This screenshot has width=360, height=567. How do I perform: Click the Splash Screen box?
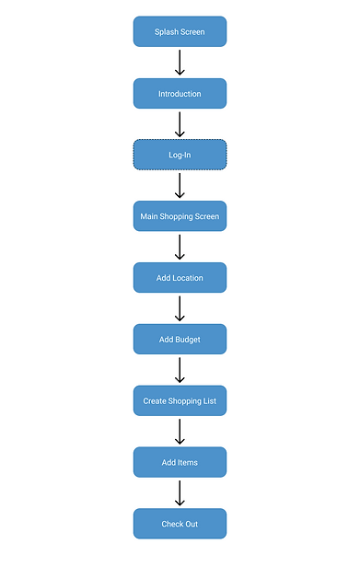tap(180, 31)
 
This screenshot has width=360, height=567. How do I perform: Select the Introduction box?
tap(180, 93)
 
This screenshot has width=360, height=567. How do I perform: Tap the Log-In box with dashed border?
tap(180, 155)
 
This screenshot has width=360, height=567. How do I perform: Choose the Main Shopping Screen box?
tap(180, 216)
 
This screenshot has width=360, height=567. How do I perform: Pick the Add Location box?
tap(180, 278)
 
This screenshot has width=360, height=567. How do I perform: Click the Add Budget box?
tap(180, 340)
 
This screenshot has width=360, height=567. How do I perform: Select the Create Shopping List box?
tap(180, 401)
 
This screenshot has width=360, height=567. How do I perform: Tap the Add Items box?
tap(180, 462)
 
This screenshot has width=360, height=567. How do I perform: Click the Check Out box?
tap(180, 524)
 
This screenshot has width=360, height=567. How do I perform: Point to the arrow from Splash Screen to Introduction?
tap(180, 63)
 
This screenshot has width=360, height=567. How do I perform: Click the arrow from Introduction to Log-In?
tap(180, 124)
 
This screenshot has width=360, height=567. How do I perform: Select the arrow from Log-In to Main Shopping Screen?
tap(180, 186)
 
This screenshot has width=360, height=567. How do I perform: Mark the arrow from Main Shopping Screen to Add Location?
tap(180, 247)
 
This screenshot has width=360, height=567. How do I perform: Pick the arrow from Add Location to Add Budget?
tap(180, 308)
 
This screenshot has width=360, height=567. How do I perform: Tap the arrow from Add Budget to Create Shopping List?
tap(180, 370)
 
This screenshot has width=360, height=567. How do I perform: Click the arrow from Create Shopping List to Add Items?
tap(180, 432)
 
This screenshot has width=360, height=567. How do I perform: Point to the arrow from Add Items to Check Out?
tap(180, 493)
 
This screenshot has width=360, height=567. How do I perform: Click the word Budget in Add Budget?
tap(188, 340)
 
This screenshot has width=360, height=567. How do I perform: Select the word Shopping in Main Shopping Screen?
tap(178, 216)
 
